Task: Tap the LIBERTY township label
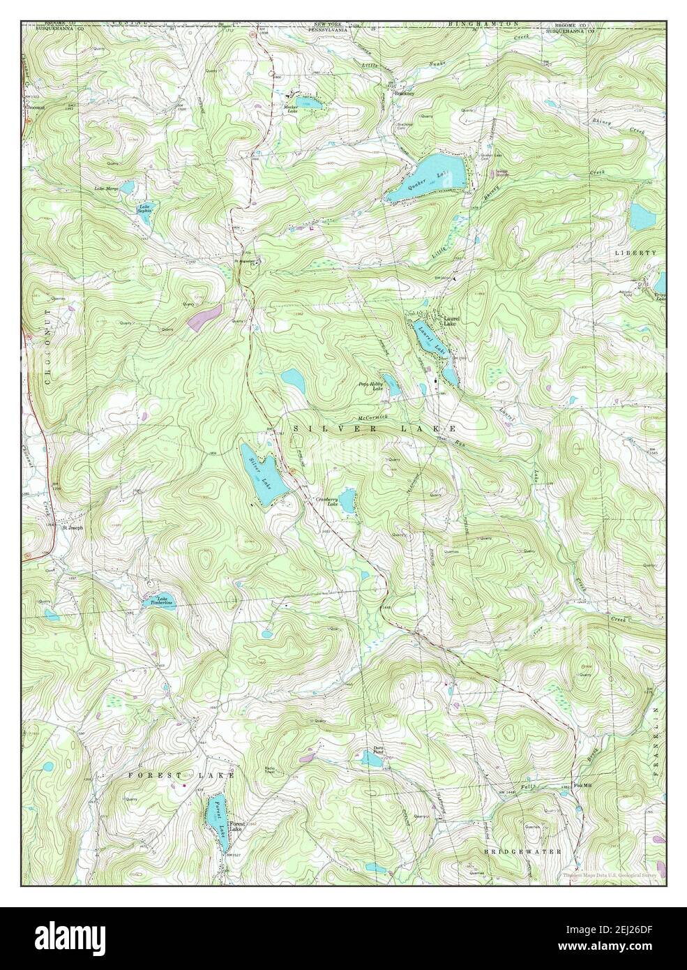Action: coord(636,253)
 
